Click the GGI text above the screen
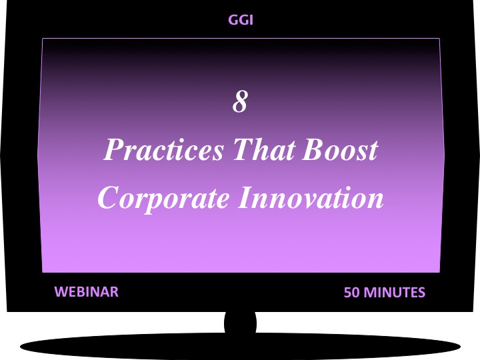[x=241, y=20]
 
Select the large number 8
[x=240, y=102]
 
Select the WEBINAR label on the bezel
[x=86, y=291]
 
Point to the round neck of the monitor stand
[x=240, y=324]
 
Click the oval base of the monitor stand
[x=240, y=346]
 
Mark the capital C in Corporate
[x=108, y=198]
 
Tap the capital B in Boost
[x=311, y=150]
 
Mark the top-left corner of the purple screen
[x=43, y=39]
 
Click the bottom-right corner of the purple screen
[x=439, y=271]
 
